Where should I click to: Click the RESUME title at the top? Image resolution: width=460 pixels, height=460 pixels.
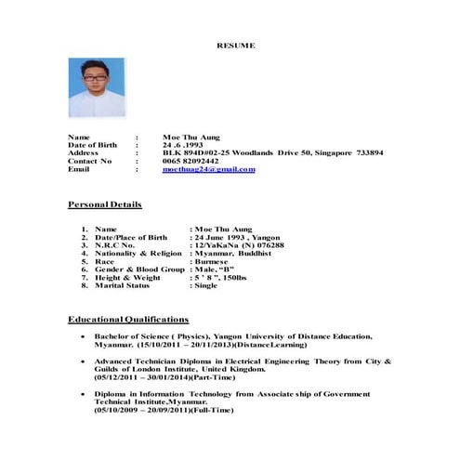pos(235,46)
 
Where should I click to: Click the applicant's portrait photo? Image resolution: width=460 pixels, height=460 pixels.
pos(96,87)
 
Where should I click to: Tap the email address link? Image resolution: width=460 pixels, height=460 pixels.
pos(207,170)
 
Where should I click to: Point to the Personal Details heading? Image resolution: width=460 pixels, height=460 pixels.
pos(105,204)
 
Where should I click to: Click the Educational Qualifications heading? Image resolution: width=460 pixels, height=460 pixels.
pos(128,319)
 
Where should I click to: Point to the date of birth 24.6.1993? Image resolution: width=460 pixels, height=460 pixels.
pos(182,144)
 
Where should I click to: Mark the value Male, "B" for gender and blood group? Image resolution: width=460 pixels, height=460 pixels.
pos(213,269)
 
